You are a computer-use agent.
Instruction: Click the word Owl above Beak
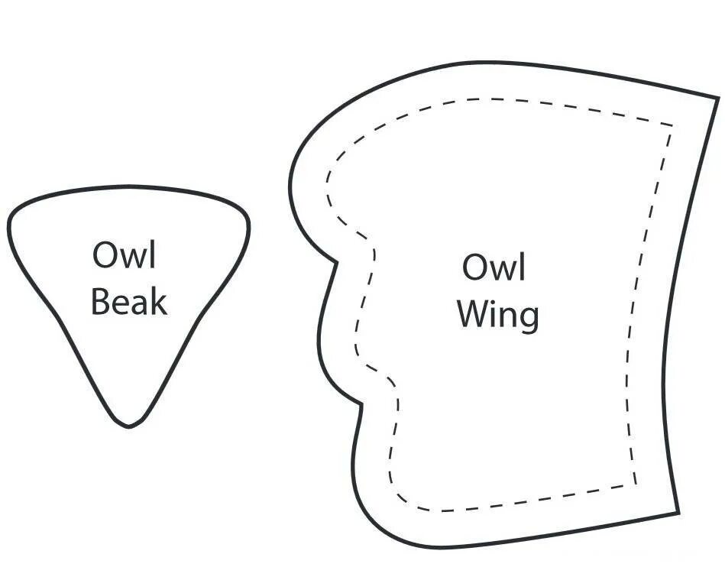coord(124,255)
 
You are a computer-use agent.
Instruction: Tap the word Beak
coord(128,302)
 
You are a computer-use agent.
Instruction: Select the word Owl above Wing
coord(494,267)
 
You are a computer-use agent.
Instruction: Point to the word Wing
coord(498,315)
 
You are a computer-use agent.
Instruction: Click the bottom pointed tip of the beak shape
coord(128,425)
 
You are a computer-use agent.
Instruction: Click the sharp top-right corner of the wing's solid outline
coord(717,97)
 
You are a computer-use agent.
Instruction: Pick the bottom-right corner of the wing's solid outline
coord(678,513)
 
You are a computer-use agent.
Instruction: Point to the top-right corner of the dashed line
coord(672,125)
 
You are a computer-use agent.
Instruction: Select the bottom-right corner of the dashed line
coord(635,484)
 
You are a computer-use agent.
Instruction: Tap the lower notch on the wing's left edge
coord(360,404)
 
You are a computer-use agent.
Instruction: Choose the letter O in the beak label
coord(105,255)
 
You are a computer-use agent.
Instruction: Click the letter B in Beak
coord(99,302)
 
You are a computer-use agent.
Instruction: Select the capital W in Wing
coord(473,313)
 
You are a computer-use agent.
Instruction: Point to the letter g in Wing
coord(528,318)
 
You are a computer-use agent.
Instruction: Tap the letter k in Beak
coord(157,302)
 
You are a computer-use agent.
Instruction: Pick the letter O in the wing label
coord(476,267)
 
